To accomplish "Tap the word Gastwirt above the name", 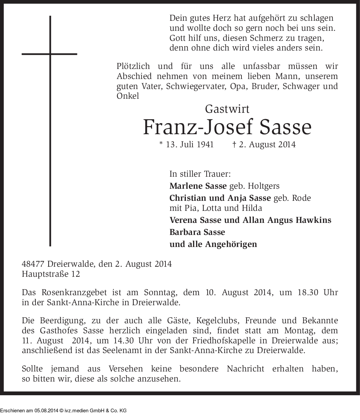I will (x=227, y=109).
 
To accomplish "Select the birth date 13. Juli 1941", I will (x=189, y=145).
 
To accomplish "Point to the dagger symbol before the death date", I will (x=234, y=145).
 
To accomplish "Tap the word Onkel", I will (x=128, y=96).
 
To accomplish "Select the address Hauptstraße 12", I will (x=51, y=274).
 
